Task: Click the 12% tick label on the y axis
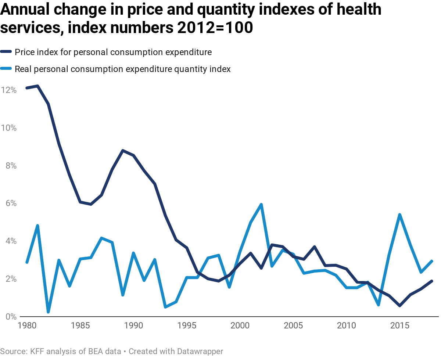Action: (8, 90)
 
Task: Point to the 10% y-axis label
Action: (8, 128)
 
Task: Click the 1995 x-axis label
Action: (186, 325)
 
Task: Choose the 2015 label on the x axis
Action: (399, 325)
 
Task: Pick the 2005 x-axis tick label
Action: (293, 325)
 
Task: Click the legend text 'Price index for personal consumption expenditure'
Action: (113, 52)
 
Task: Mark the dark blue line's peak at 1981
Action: (37, 86)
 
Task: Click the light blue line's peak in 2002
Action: (261, 204)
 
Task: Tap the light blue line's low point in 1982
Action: (48, 312)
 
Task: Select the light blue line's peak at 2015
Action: (399, 215)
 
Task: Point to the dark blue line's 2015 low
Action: (399, 306)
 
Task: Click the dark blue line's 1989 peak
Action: (123, 150)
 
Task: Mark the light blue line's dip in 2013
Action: (378, 305)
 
